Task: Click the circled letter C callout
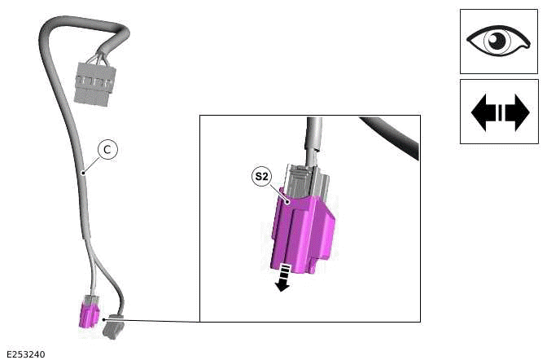pos(107,149)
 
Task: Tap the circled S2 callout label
pos(260,176)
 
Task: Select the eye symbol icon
pos(498,42)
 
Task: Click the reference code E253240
pos(25,353)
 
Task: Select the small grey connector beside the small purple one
pos(112,327)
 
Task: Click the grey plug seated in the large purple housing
pos(305,181)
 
